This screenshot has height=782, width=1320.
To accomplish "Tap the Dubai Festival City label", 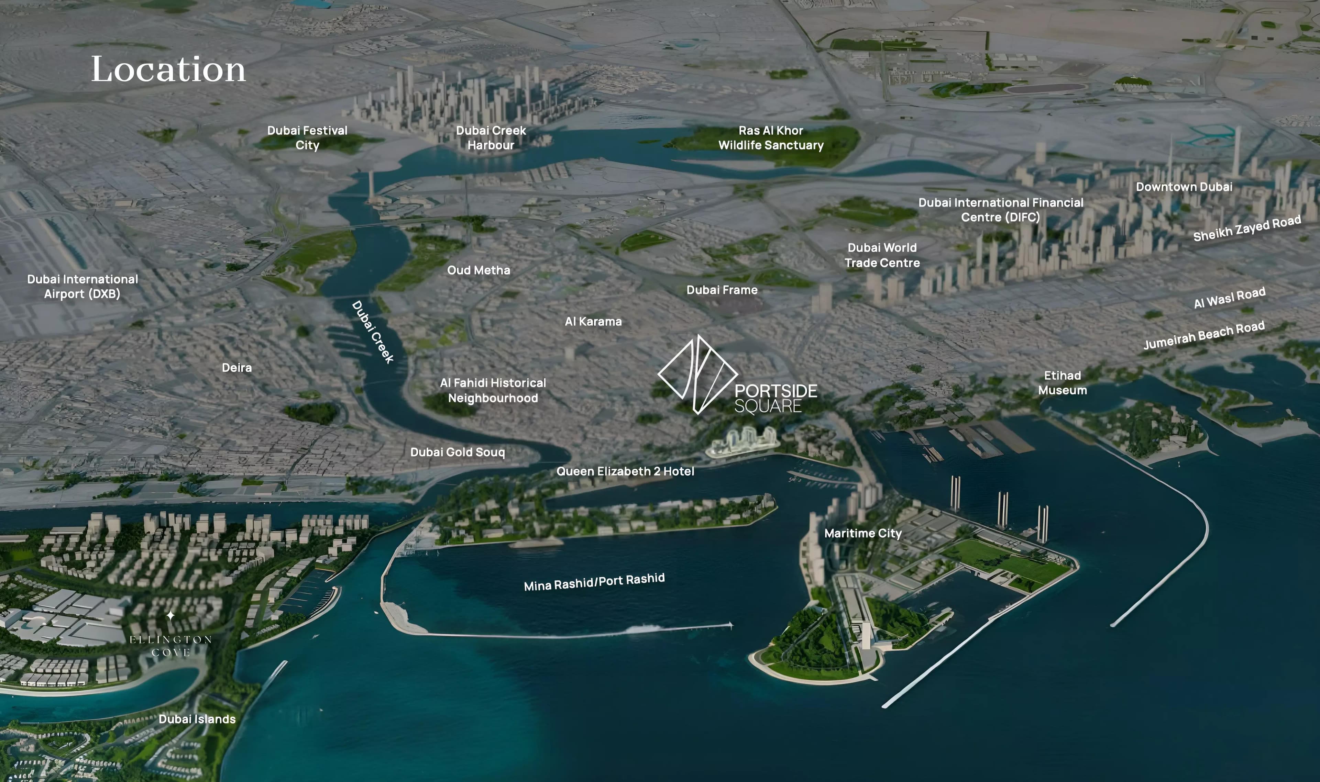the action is [307, 137].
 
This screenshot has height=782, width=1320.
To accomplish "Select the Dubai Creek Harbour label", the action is [491, 137].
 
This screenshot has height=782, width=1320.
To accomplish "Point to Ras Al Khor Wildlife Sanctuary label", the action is [771, 137].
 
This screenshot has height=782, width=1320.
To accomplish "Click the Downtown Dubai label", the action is [1184, 187].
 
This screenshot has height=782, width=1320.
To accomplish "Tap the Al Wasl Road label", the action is [1229, 298].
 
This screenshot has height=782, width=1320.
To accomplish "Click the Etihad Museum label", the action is [1062, 382].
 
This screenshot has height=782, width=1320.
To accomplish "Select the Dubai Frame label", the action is [722, 290].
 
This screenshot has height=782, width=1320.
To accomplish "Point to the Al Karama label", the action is [593, 322].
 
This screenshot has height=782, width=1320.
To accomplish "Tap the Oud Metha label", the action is [478, 270].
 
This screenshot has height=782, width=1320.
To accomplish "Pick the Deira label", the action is [237, 368].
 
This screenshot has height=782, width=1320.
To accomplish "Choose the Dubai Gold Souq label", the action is [458, 452].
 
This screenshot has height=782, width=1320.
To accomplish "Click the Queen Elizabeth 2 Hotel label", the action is [625, 471].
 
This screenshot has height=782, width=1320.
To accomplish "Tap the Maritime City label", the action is [863, 533].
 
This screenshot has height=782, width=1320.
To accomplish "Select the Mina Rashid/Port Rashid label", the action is [594, 582].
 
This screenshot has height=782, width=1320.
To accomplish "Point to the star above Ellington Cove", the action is [170, 615].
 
